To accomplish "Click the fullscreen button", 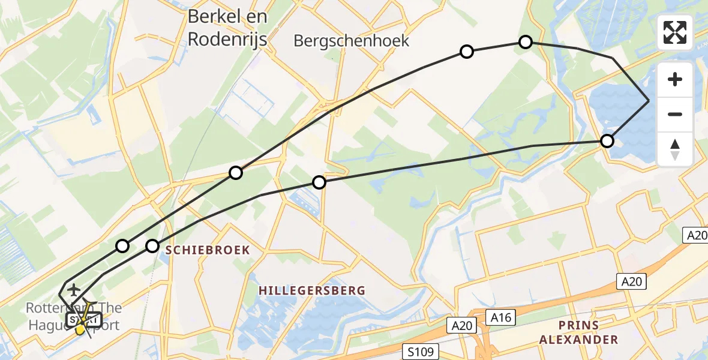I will [675, 32].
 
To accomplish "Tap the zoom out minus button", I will [675, 114].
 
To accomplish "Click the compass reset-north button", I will [675, 148].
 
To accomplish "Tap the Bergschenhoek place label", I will [352, 41].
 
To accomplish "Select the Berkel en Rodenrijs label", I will [227, 27].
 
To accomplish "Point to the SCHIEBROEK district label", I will [208, 250].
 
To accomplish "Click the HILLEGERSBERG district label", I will [312, 290].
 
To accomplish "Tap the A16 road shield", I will [500, 317].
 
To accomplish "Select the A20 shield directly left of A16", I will [461, 325].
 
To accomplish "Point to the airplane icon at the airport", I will [74, 290].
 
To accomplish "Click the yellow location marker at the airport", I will [80, 328].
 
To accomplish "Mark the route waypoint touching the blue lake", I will [607, 141].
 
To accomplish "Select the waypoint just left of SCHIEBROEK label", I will [152, 246].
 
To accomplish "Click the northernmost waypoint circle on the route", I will [526, 42].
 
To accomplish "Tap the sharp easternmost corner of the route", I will [649, 101].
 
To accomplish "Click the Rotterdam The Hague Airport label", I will [73, 317].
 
